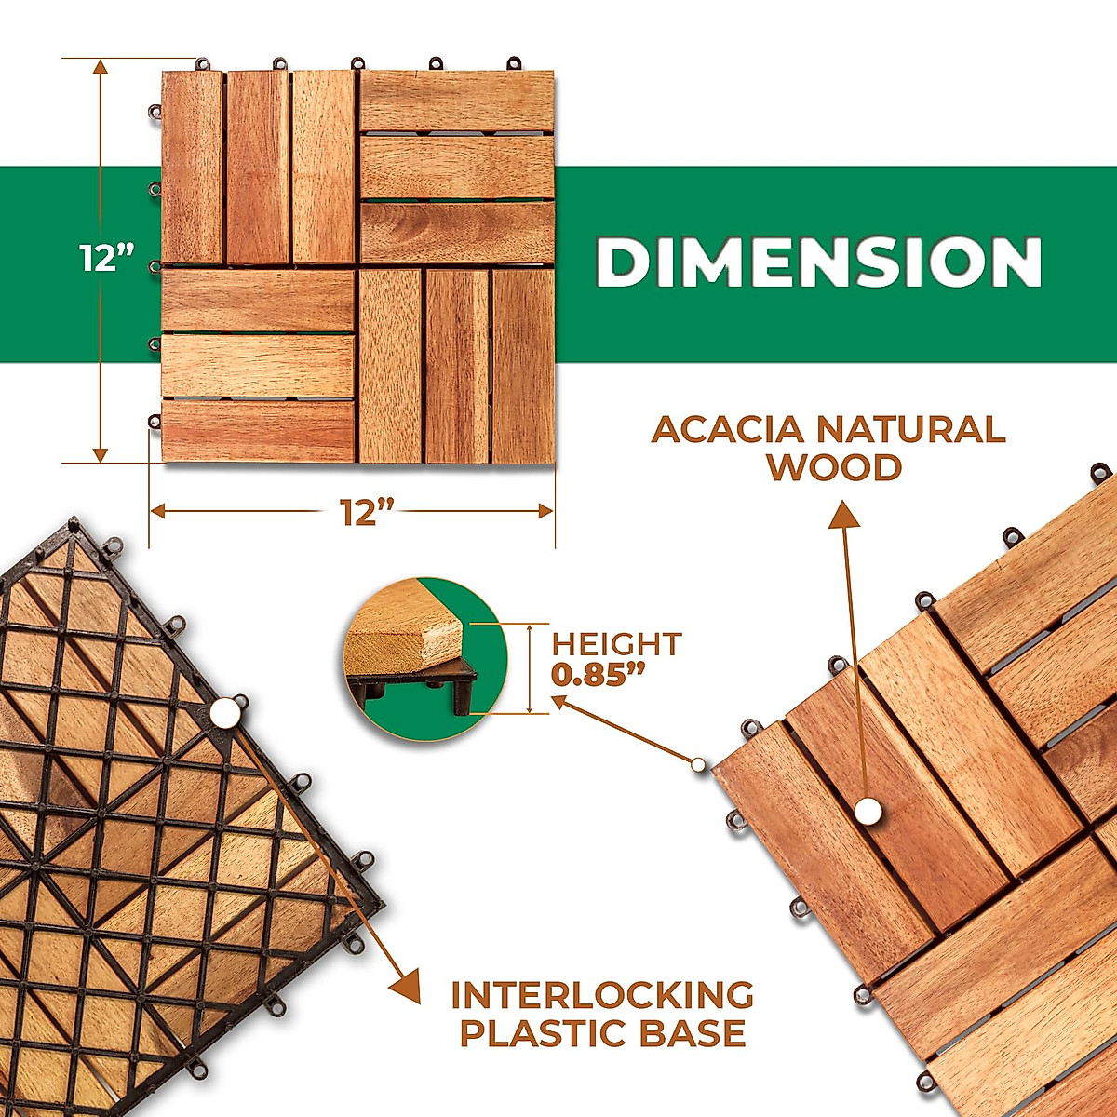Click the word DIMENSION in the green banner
(x=818, y=262)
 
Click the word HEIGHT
(x=616, y=643)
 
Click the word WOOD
(x=835, y=467)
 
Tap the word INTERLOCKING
(x=602, y=995)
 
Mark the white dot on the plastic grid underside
(x=223, y=712)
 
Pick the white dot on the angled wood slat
(x=868, y=811)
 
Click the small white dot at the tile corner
(x=698, y=764)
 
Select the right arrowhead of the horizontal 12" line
(x=545, y=511)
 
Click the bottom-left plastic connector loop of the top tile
(x=155, y=422)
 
